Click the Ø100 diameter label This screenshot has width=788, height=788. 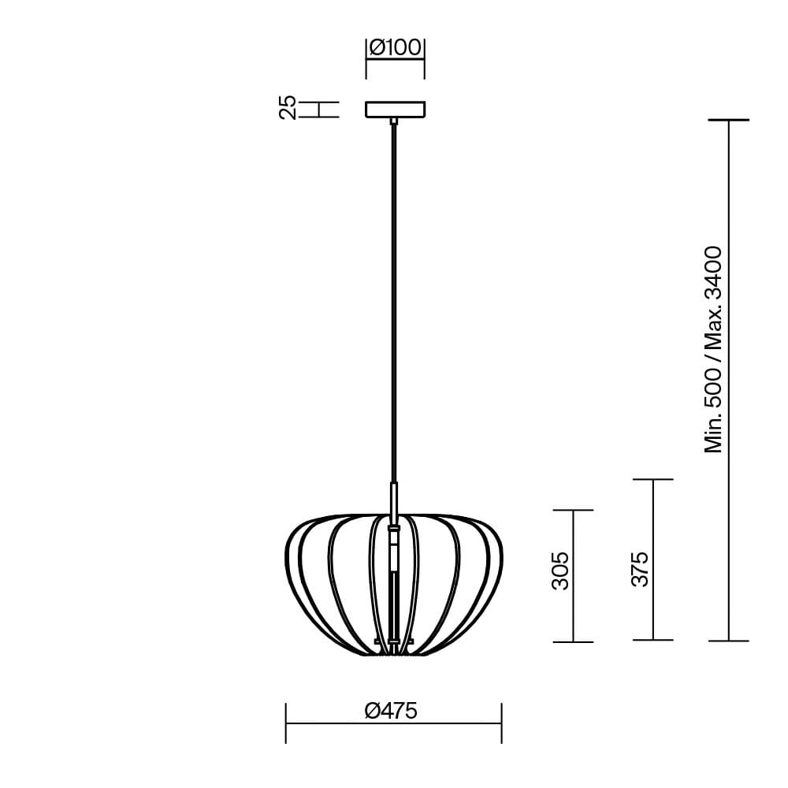(395, 48)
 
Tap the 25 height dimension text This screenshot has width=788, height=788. (288, 107)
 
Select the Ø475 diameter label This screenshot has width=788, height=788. (392, 711)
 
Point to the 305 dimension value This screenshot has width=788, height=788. (559, 571)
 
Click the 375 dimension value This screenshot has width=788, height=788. (640, 568)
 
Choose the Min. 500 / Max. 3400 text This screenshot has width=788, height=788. (714, 350)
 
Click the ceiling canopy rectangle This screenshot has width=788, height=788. (395, 109)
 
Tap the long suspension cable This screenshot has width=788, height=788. (394, 299)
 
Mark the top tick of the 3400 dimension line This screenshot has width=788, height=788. (728, 121)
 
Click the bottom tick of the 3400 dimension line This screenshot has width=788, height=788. (728, 641)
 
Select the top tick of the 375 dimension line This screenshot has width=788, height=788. (652, 479)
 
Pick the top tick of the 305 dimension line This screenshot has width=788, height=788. (573, 511)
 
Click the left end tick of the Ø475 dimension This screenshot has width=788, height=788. (286, 723)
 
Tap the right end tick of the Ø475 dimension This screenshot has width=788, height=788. (501, 723)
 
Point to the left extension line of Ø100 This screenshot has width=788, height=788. (366, 59)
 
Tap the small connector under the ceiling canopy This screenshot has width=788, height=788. (394, 121)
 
